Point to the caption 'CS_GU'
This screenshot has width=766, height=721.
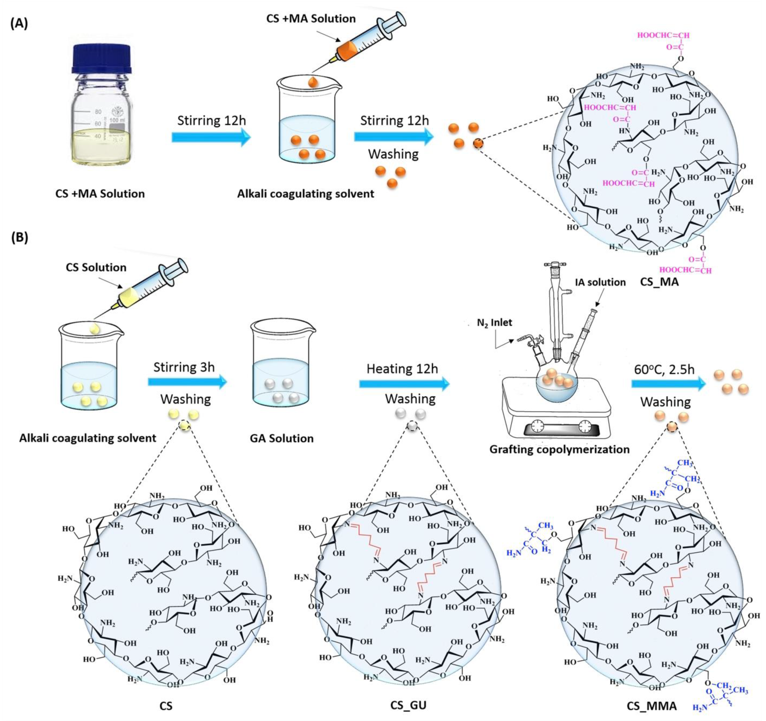tap(408, 705)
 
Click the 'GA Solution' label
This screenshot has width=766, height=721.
tap(282, 438)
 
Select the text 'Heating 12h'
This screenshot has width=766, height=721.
tap(402, 369)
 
